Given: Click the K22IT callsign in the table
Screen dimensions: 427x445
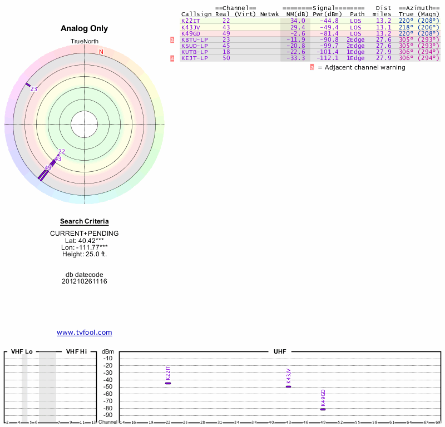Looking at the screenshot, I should point(190,21).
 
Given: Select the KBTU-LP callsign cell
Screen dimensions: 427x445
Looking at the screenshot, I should point(194,39).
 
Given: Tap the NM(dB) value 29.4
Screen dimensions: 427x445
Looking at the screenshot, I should point(297,27).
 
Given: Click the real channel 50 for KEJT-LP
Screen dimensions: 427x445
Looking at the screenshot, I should point(226,58).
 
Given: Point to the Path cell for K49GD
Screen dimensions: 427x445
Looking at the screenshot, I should point(355,33).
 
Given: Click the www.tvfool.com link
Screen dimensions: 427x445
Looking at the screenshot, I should point(85,332).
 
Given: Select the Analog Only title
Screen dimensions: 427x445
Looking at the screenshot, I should point(85,28).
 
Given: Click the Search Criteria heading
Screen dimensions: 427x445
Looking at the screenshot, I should point(85,221).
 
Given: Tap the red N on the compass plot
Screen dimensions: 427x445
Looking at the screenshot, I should point(101,52).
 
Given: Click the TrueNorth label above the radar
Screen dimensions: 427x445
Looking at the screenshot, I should point(85,42).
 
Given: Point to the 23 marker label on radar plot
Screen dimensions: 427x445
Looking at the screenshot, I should point(34,89).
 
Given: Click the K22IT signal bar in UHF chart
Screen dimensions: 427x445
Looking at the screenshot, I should point(168,383).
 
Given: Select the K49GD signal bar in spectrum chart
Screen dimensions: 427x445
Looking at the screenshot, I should point(323,409).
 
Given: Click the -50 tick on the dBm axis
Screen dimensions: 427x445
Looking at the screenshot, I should point(108,387).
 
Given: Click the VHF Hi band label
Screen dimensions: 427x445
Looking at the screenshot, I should point(76,352).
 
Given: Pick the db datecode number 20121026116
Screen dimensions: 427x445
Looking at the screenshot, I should point(85,281).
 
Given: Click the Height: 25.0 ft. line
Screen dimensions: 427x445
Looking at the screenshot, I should point(85,254).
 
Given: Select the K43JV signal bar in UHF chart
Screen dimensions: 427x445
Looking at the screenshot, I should point(288,386).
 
